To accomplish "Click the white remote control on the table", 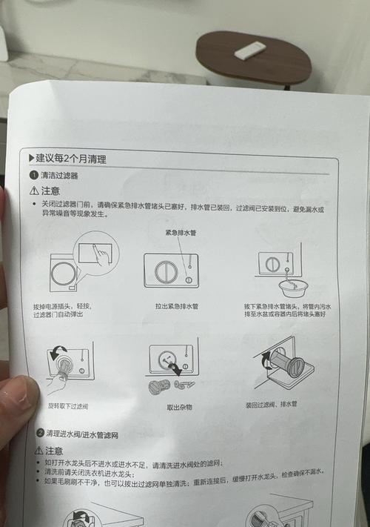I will click(249, 50).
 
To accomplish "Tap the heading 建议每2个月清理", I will click(67, 159).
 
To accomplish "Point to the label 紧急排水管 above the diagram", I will click(181, 232).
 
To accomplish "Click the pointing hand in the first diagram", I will click(103, 255).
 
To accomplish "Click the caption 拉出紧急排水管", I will click(180, 305).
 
